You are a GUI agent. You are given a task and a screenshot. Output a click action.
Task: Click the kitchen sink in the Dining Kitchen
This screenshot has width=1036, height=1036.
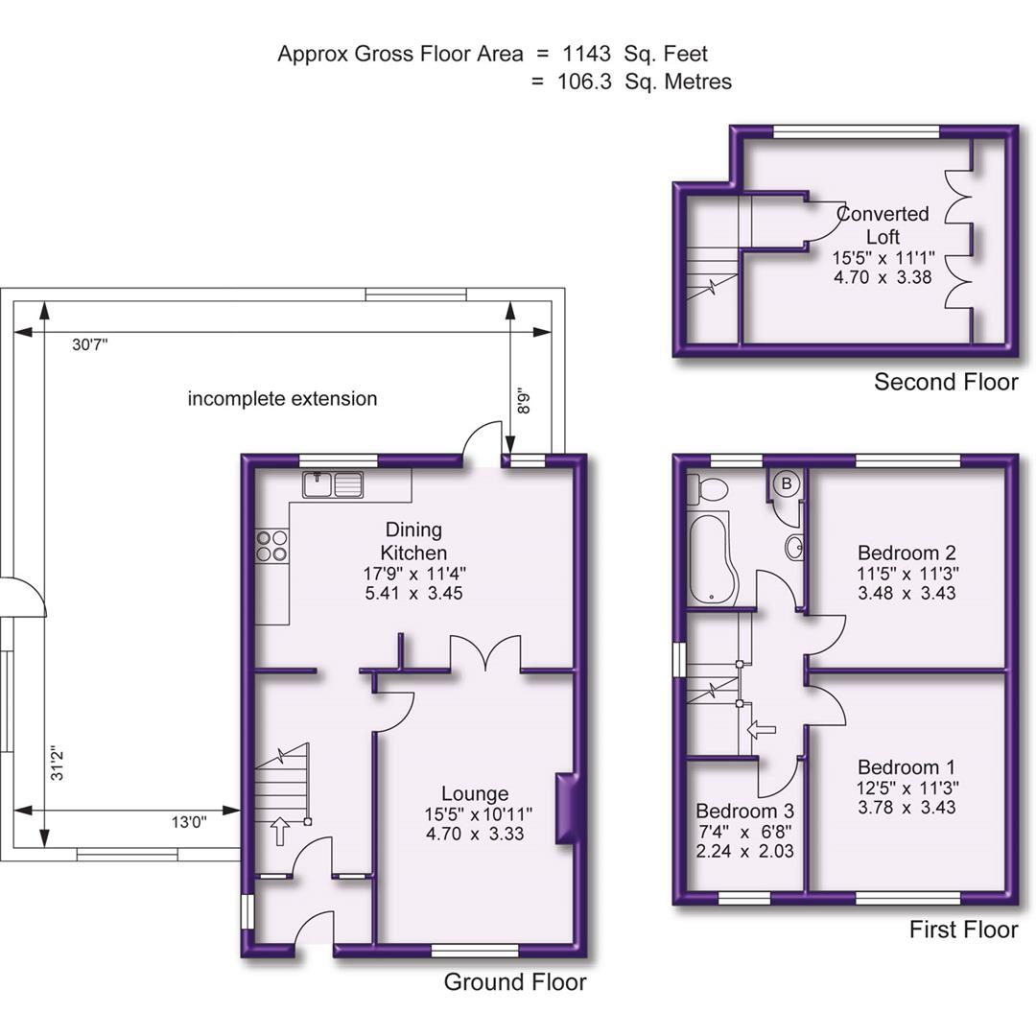tap(333, 485)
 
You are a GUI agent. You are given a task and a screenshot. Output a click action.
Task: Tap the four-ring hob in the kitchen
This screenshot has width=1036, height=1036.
tap(271, 546)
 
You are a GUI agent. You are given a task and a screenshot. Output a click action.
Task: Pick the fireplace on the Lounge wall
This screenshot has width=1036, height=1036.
tap(567, 810)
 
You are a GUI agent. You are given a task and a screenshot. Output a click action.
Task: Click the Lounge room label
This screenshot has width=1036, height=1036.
tap(475, 794)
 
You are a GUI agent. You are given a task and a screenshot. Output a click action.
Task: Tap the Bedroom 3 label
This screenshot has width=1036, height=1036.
tap(744, 810)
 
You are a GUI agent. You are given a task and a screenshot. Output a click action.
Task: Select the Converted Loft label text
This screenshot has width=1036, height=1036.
tap(883, 225)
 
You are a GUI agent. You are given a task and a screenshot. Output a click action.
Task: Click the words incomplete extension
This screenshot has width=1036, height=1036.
tap(282, 398)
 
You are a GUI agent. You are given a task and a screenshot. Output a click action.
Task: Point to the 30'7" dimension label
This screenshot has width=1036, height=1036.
tap(90, 345)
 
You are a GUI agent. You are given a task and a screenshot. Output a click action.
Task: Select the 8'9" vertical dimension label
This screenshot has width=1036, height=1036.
tap(524, 399)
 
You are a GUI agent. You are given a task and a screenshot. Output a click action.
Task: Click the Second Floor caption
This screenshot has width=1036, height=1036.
tap(945, 383)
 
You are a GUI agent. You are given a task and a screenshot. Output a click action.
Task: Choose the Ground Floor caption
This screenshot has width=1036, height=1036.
tap(514, 982)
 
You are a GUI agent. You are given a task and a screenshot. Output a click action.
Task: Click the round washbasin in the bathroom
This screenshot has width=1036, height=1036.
tap(794, 548)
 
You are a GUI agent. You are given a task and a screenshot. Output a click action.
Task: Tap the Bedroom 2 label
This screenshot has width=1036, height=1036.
tap(906, 553)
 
